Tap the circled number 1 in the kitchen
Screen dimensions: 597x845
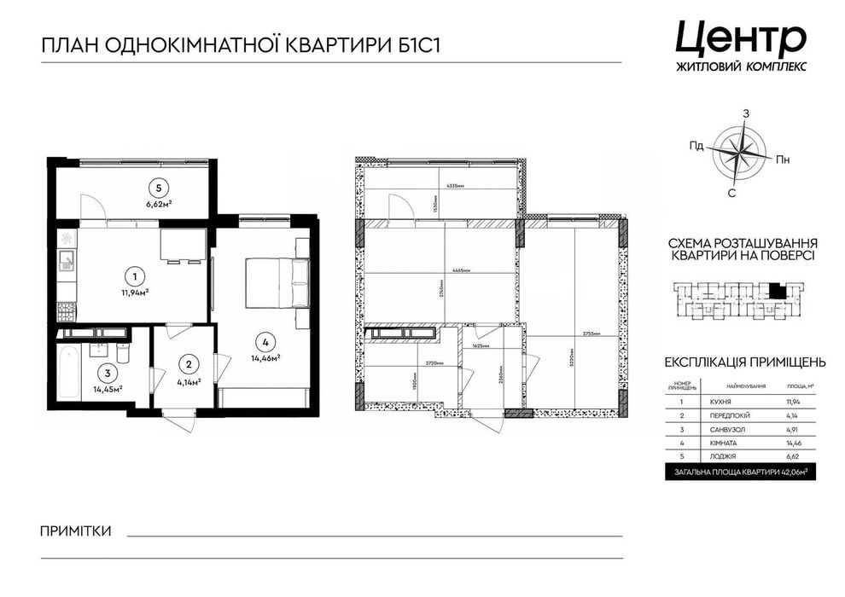[x=134, y=276]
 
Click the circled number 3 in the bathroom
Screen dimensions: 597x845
[x=107, y=372]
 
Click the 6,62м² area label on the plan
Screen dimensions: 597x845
[x=158, y=204]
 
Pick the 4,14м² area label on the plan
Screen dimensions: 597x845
[x=188, y=381]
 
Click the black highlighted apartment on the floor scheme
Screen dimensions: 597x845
[x=776, y=291]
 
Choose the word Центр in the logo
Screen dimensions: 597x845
[x=740, y=38]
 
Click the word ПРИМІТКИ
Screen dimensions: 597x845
[x=76, y=531]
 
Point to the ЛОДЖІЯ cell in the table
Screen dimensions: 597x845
[x=731, y=456]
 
